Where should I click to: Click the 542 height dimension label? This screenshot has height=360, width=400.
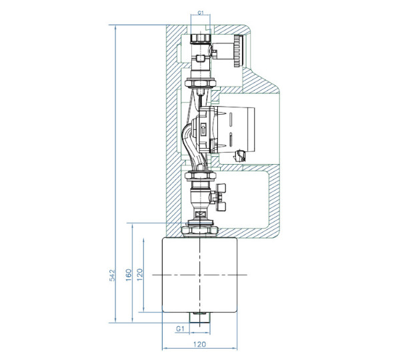point(112,275)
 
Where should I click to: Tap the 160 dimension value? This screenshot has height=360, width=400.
point(129,275)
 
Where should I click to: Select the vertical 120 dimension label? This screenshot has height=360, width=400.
point(140,275)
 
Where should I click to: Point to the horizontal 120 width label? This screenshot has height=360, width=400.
point(199,344)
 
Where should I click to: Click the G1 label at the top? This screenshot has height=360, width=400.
point(201,13)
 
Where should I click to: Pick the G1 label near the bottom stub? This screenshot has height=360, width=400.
point(180,329)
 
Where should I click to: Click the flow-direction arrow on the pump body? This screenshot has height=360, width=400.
point(203,128)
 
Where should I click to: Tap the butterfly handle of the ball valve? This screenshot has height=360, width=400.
point(221,197)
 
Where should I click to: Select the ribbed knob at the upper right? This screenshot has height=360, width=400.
point(238,51)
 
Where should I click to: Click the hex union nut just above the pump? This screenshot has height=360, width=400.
point(201,83)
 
